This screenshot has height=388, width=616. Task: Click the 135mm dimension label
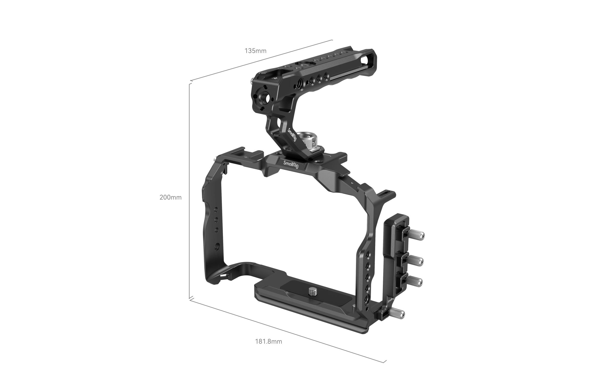pos(255,51)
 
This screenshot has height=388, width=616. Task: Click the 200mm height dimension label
pos(170,197)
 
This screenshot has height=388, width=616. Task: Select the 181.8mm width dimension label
pos(268,341)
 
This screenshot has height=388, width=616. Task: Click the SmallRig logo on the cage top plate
pos(291,164)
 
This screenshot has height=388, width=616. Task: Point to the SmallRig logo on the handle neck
pos(292,135)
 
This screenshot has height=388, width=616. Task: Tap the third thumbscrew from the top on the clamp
pos(415,282)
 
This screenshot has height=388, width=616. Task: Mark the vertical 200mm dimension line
pos(189,192)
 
